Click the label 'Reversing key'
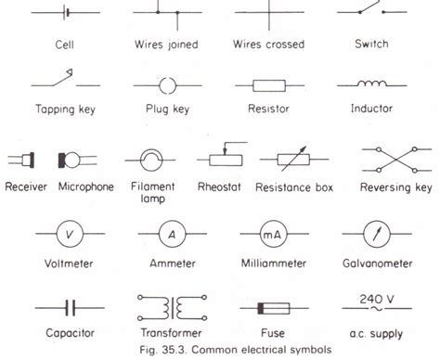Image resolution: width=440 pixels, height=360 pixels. (397, 188)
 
